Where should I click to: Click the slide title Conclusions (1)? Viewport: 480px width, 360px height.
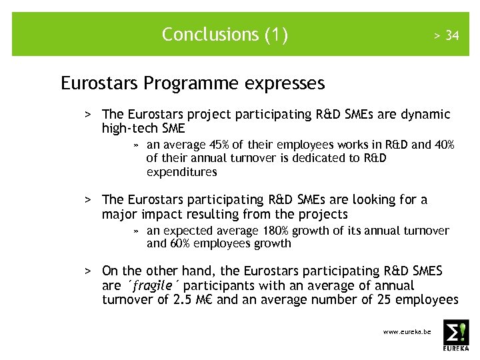(225, 34)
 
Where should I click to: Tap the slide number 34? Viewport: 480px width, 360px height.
(451, 35)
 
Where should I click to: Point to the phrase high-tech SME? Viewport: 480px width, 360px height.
(143, 128)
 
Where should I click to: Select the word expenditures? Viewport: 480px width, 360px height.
(181, 172)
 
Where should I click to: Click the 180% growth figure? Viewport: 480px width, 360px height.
(288, 231)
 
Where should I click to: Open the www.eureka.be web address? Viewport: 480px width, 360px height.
(407, 331)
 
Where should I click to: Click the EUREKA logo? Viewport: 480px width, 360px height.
(456, 335)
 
